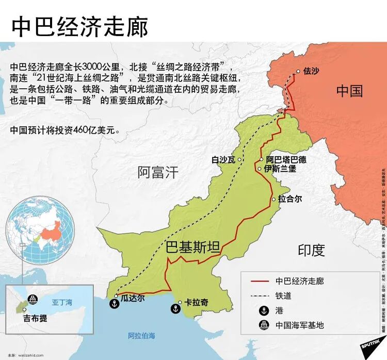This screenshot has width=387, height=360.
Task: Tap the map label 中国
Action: pyautogui.click(x=349, y=91)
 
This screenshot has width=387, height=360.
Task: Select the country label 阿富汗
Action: pyautogui.click(x=157, y=172)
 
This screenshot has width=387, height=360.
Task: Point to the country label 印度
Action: pyautogui.click(x=312, y=250)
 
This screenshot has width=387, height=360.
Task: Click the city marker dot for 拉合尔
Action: pyautogui.click(x=274, y=199)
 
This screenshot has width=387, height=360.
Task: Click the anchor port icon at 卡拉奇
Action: pyautogui.click(x=175, y=309)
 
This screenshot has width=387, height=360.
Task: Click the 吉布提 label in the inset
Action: pyautogui.click(x=35, y=318)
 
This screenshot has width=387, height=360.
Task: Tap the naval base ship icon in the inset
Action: pyautogui.click(x=32, y=300)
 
